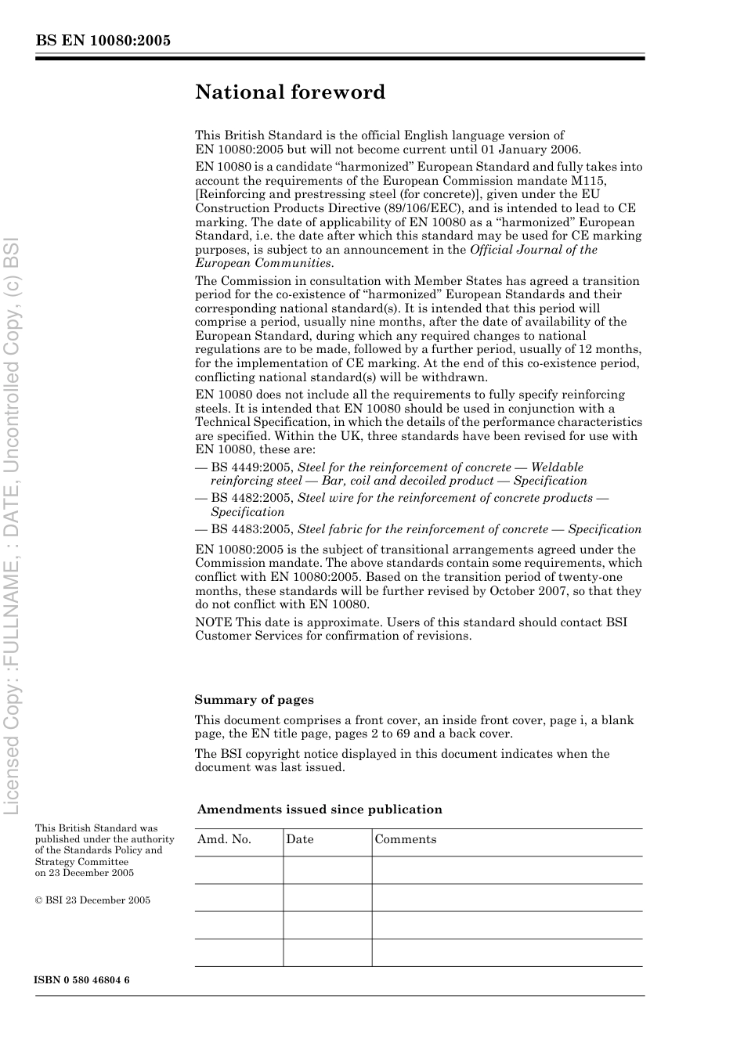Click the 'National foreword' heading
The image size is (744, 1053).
[x=290, y=92]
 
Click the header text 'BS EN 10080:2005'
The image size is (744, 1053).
[x=103, y=41]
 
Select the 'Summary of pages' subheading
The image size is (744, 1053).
[x=254, y=700]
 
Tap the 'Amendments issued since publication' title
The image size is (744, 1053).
[x=320, y=810]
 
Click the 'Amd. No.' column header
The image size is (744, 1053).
[x=224, y=839]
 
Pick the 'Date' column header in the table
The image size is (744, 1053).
[x=299, y=839]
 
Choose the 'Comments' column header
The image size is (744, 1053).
[x=406, y=839]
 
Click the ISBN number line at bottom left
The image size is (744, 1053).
[x=82, y=980]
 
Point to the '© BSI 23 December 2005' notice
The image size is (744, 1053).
[x=92, y=900]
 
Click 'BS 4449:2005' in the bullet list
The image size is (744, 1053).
[x=252, y=467]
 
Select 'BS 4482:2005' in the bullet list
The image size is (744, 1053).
[x=252, y=498]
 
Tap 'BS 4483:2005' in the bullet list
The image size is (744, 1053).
[x=252, y=529]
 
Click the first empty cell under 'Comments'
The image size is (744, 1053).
[x=507, y=870]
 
